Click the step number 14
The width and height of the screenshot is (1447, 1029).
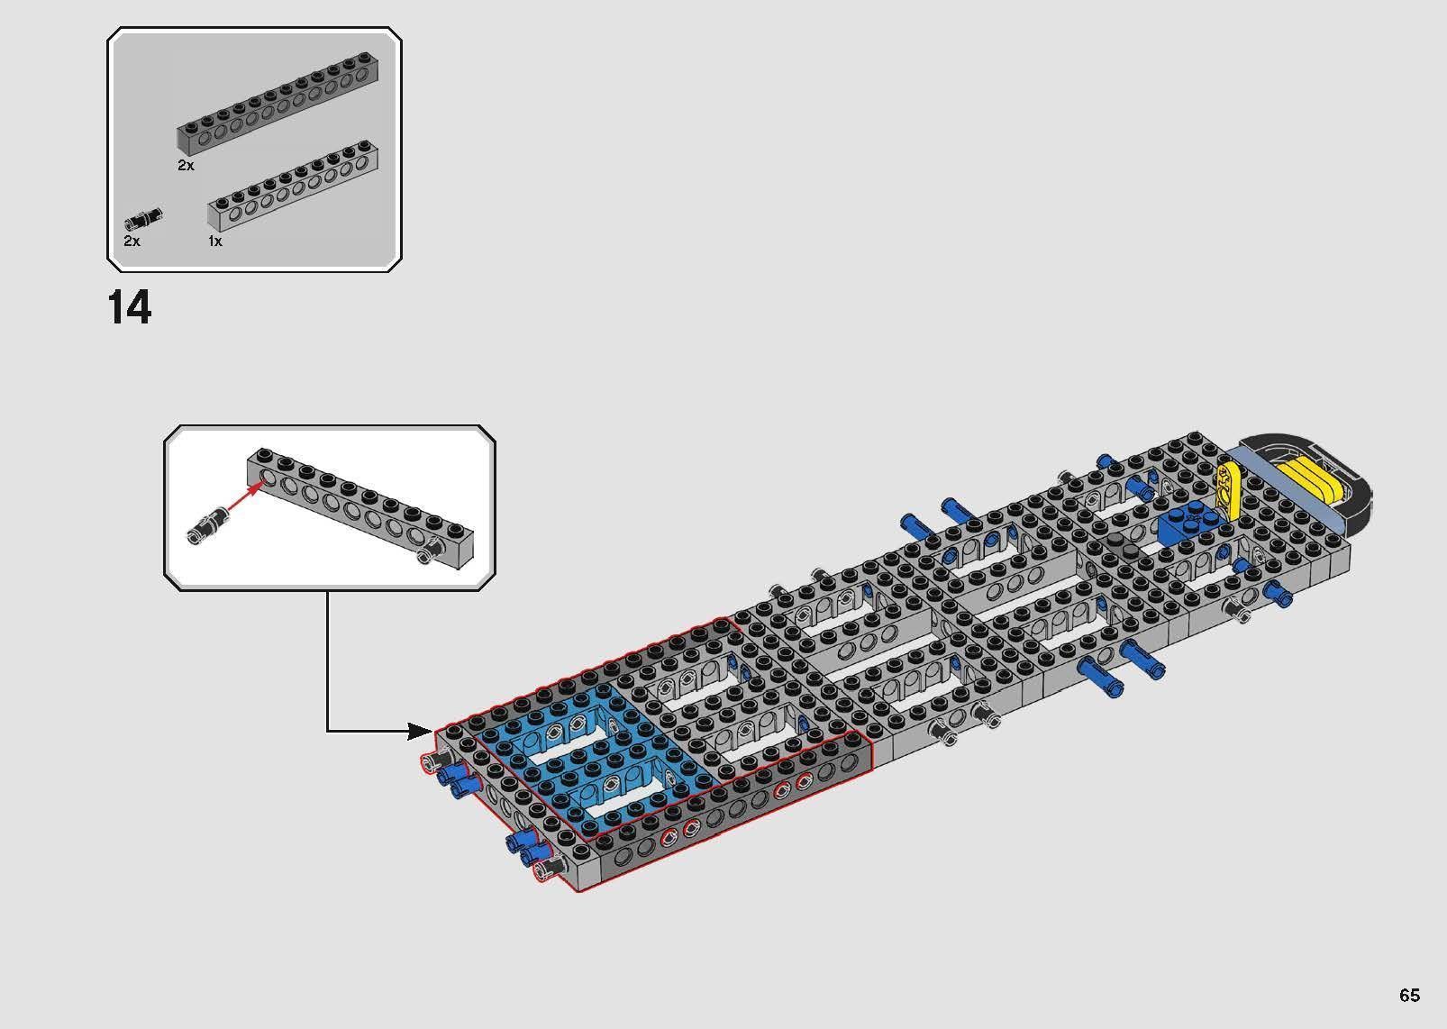click(x=130, y=308)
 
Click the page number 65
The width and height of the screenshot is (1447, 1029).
click(x=1409, y=995)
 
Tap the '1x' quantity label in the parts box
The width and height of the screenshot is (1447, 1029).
click(x=214, y=241)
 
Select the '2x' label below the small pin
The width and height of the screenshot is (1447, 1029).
click(x=132, y=241)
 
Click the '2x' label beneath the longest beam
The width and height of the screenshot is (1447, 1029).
click(x=186, y=166)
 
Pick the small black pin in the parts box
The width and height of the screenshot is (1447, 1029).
click(x=143, y=217)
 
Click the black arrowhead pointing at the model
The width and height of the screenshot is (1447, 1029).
click(x=420, y=730)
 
